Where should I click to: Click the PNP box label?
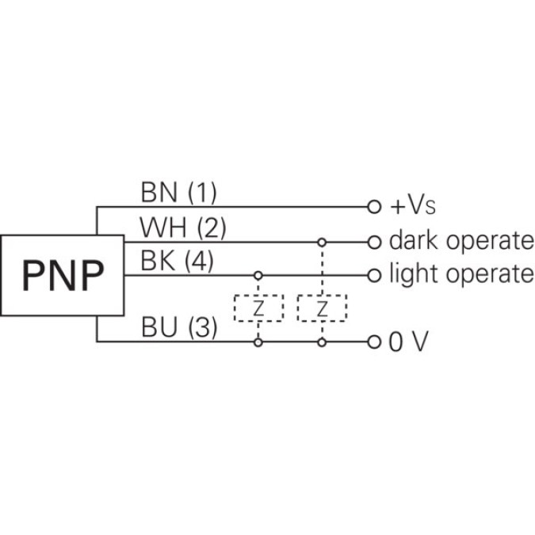[x=63, y=275]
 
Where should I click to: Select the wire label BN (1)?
[x=178, y=193]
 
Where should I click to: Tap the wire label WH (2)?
[x=183, y=227]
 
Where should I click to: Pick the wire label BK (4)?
[x=177, y=262]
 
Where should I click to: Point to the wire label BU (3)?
[x=178, y=327]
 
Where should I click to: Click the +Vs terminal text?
[x=413, y=208]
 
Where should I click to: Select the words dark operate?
[x=461, y=241]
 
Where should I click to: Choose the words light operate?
[x=461, y=274]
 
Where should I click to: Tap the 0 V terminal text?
[x=409, y=342]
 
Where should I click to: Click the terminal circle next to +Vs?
[x=374, y=207]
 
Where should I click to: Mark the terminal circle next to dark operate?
[x=374, y=241]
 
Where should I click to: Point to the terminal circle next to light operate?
[x=374, y=275]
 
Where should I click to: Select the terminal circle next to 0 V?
[x=374, y=342]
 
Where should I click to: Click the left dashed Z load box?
[x=258, y=308]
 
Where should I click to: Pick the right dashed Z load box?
[x=321, y=308]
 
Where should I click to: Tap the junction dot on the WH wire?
[x=321, y=241]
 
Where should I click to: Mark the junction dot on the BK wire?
[x=258, y=275]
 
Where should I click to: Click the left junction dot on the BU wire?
[x=258, y=342]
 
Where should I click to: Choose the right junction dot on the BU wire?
[x=321, y=342]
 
